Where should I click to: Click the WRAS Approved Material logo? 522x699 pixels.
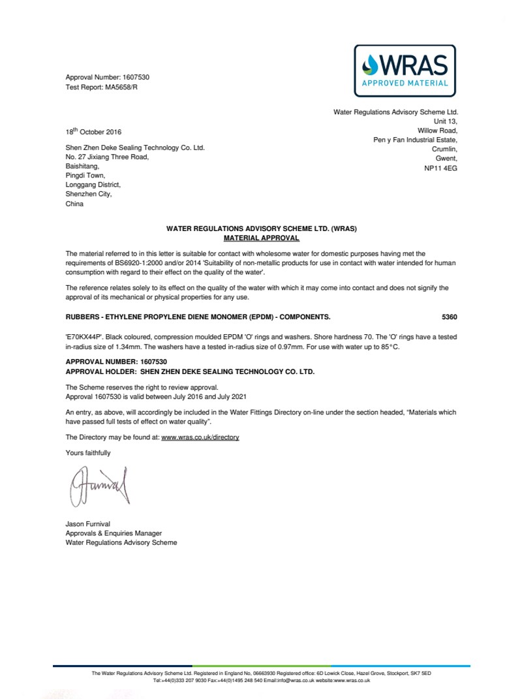click(405, 67)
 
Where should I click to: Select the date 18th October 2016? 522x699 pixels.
click(93, 131)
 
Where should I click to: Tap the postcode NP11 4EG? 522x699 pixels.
click(441, 167)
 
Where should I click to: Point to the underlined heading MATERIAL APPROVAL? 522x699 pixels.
click(261, 238)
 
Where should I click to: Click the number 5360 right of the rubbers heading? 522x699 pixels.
click(450, 317)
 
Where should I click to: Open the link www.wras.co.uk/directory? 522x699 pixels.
click(200, 437)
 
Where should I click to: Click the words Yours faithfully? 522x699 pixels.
click(88, 452)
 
